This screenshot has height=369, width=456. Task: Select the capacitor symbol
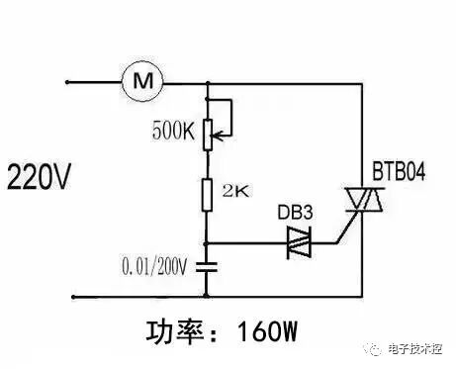[207, 266]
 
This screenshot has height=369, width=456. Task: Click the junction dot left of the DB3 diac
[207, 242]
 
